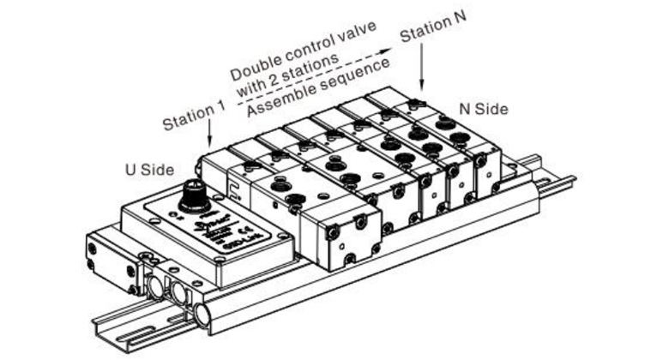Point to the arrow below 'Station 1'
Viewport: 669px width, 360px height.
pos(211,141)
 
